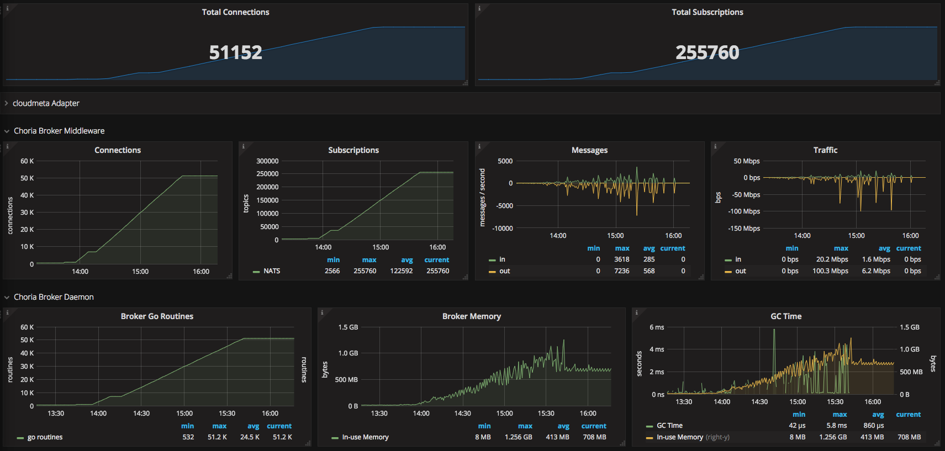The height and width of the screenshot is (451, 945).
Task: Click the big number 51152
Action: click(x=235, y=52)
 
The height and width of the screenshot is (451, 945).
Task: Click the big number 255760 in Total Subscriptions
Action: click(x=707, y=52)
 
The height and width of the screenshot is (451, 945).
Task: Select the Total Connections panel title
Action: click(x=235, y=12)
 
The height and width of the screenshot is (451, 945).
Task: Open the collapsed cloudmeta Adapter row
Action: click(x=46, y=103)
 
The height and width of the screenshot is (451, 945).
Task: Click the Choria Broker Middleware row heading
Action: click(x=59, y=131)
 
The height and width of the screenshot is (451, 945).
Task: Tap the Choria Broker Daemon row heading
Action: click(x=54, y=297)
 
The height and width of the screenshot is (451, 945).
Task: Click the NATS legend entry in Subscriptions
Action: click(x=272, y=271)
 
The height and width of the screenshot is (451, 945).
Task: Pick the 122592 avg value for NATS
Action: click(x=402, y=271)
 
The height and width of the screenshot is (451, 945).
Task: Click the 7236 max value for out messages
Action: click(x=621, y=271)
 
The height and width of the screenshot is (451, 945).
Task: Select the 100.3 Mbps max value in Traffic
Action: click(x=830, y=271)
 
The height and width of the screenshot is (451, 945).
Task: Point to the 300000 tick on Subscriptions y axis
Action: click(x=267, y=161)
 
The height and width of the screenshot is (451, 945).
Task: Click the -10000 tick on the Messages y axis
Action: click(x=503, y=229)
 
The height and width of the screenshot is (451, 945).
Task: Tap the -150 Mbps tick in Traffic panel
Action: click(x=744, y=229)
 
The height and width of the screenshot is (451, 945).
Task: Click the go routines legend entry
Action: click(x=45, y=437)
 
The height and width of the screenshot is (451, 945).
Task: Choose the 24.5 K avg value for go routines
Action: click(x=250, y=437)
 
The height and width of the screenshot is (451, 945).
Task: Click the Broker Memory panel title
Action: click(x=471, y=316)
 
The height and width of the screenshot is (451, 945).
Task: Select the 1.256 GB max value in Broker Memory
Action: click(x=518, y=437)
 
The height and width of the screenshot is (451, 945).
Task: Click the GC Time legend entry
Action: click(x=669, y=426)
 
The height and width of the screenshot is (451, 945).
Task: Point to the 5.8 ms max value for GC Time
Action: click(x=836, y=426)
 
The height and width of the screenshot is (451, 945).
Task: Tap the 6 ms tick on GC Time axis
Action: click(x=657, y=327)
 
